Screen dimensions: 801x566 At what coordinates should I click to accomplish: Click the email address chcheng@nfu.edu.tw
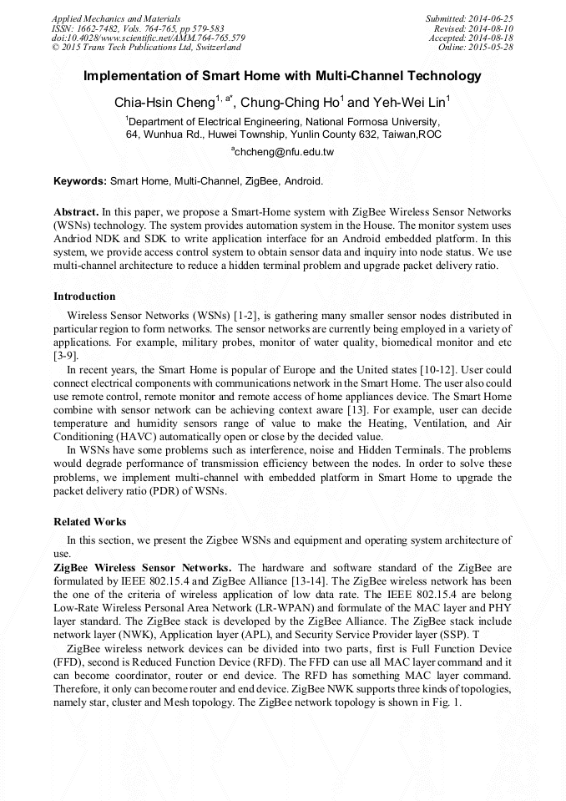click(x=285, y=152)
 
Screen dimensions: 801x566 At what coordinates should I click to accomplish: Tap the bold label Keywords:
click(x=80, y=180)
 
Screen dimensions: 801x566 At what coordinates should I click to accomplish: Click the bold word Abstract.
click(x=76, y=212)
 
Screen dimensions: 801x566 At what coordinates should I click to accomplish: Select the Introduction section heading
click(x=84, y=297)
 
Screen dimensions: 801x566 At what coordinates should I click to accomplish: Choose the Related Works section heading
click(x=90, y=522)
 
